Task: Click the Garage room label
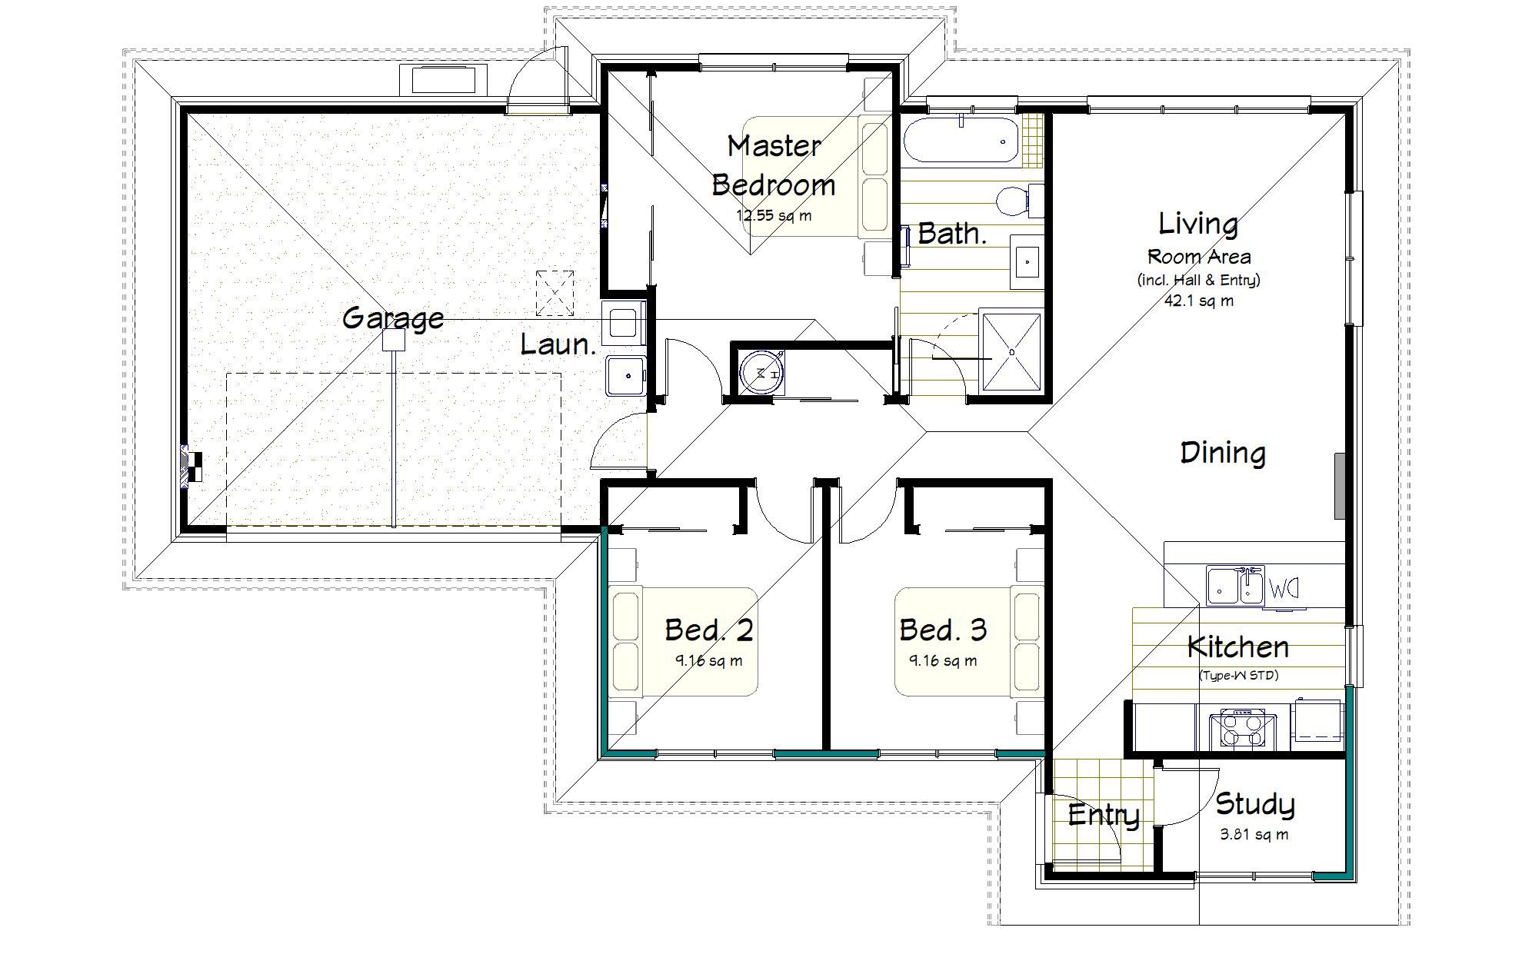pyautogui.click(x=392, y=317)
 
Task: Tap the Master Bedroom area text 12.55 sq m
pyautogui.click(x=774, y=216)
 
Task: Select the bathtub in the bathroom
pyautogui.click(x=961, y=140)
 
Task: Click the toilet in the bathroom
pyautogui.click(x=1015, y=201)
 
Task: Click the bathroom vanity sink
pyautogui.click(x=1026, y=261)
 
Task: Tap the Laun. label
pyautogui.click(x=558, y=344)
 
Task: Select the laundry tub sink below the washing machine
pyautogui.click(x=626, y=375)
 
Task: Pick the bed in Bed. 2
pyautogui.click(x=683, y=643)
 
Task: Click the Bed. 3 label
pyautogui.click(x=943, y=630)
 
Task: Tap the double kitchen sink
pyautogui.click(x=1235, y=587)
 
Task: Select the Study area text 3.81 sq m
pyautogui.click(x=1254, y=835)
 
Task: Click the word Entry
pyautogui.click(x=1103, y=815)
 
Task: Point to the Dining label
pyautogui.click(x=1222, y=453)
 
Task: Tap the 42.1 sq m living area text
pyautogui.click(x=1198, y=301)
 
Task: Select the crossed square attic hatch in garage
pyautogui.click(x=555, y=293)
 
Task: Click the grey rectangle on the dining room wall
pyautogui.click(x=1339, y=485)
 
